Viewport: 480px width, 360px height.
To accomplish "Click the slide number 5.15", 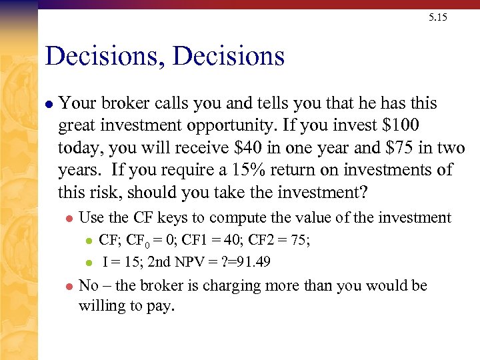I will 438,17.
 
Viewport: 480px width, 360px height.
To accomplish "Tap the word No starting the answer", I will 88,286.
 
